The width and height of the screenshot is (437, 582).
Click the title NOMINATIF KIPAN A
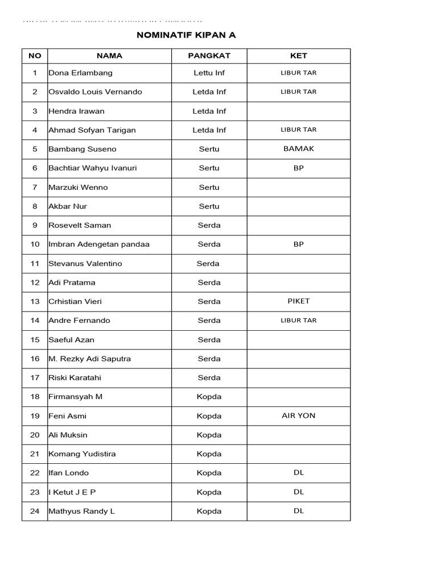186,35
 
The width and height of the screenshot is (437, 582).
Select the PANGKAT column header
209,56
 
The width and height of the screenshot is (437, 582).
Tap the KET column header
298,56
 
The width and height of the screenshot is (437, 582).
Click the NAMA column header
109,56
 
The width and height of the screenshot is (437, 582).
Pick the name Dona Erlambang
81,73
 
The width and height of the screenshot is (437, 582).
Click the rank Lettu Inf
209,73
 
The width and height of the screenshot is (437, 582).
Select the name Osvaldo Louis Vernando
96,92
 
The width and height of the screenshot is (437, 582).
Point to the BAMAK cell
298,149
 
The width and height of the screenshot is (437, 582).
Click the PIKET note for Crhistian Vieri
298,301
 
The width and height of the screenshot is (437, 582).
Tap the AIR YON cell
298,415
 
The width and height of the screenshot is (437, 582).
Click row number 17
35,378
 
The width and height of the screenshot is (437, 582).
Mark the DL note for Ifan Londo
299,473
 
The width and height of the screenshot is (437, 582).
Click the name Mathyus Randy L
82,511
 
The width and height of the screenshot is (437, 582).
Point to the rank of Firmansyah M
209,397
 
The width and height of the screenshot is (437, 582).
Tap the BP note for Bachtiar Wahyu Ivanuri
299,168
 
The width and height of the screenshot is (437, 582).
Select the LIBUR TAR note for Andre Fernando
298,321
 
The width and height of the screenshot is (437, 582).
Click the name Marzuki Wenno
79,188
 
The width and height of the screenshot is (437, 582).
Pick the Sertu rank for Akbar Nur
209,206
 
